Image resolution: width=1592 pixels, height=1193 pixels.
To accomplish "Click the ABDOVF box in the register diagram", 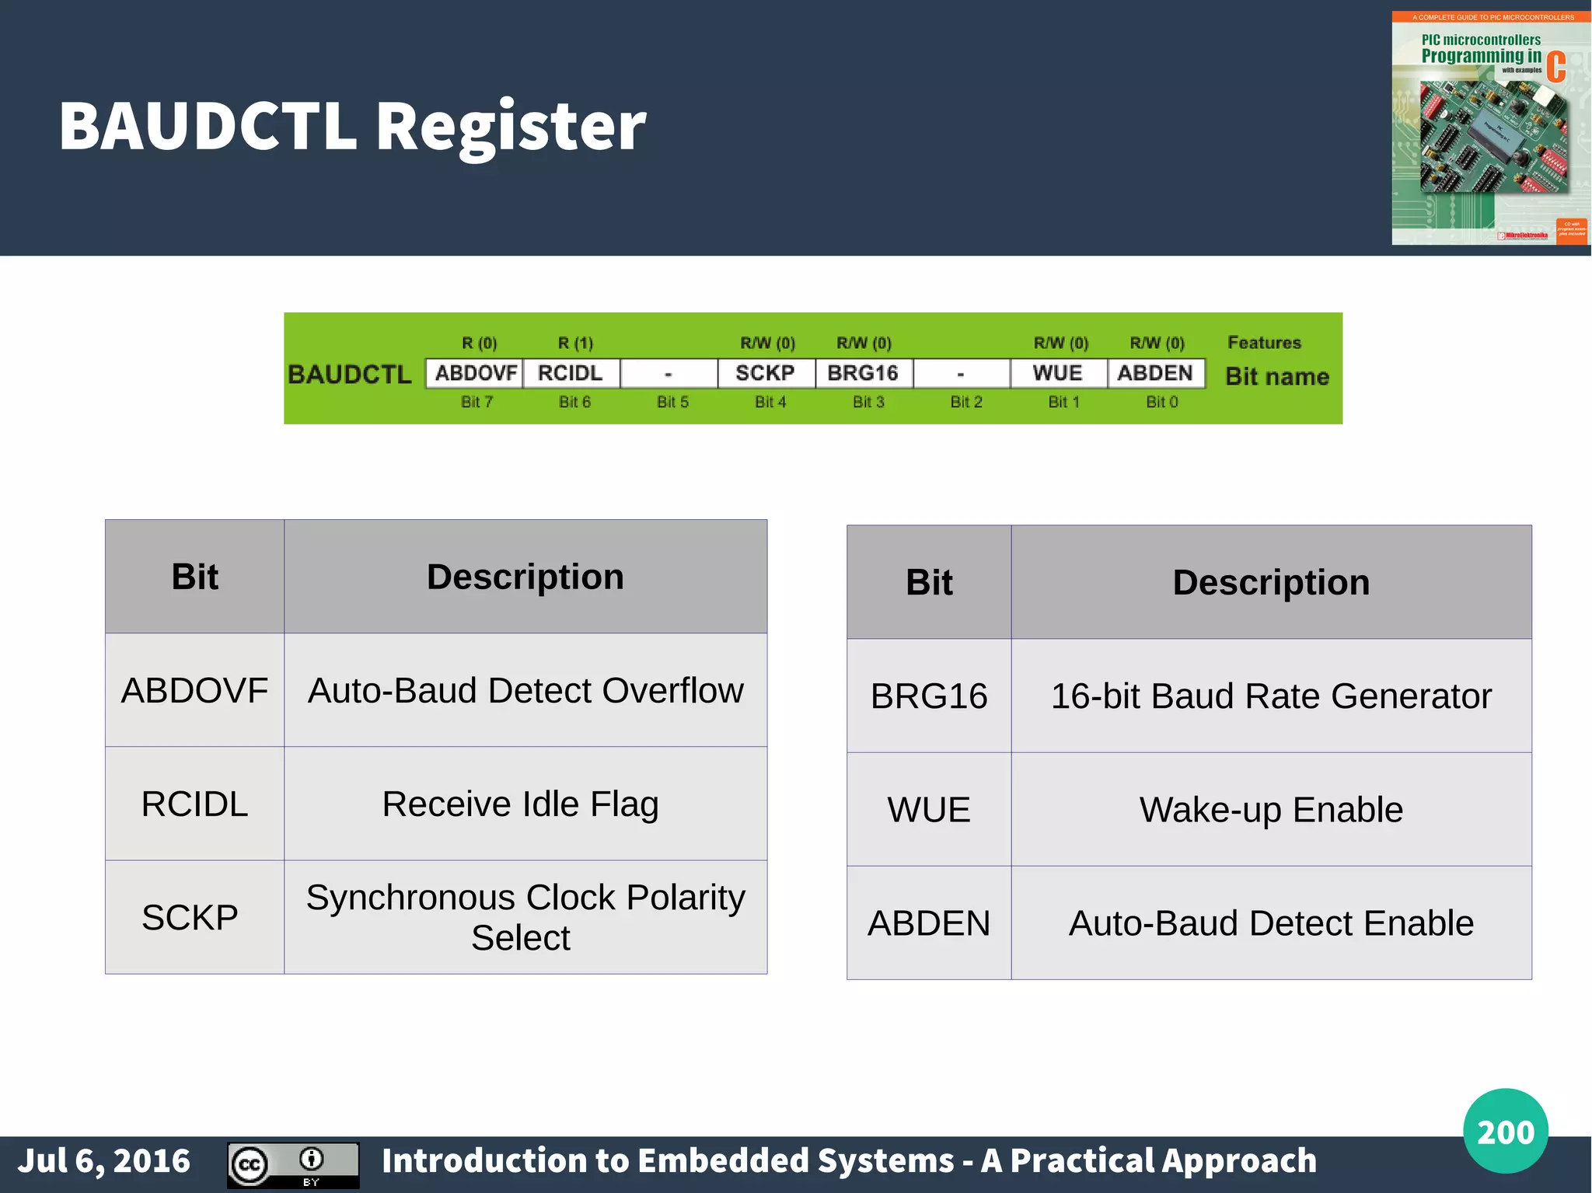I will pos(475,373).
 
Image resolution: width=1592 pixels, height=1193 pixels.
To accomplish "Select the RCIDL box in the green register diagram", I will pos(571,373).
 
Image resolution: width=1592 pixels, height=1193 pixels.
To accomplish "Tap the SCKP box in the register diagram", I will pos(766,373).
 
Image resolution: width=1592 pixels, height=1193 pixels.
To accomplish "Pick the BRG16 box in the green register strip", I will pos(864,373).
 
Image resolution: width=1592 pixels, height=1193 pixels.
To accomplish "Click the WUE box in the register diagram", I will pos(1058,373).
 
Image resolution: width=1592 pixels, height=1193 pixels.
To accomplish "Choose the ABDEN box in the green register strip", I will pos(1156,373).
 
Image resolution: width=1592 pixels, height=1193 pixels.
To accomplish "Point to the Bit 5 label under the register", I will pos(672,402).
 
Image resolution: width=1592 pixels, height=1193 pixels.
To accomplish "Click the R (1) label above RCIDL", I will pos(575,343).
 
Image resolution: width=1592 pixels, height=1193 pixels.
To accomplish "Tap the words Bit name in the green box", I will pos(1277,377).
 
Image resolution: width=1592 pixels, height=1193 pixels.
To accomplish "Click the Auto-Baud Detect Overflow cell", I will pos(525,690).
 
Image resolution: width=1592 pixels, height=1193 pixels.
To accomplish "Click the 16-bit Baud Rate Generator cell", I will pos(1271,696).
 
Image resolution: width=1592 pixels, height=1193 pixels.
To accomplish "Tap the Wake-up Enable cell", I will pos(1271,809).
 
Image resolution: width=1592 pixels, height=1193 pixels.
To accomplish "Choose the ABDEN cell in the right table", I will pos(929,923).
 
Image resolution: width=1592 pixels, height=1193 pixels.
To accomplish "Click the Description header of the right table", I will pos(1271,582).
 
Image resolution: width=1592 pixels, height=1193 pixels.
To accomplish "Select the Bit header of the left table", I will pos(194,577).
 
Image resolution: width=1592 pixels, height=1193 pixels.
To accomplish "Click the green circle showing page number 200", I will pos(1505,1131).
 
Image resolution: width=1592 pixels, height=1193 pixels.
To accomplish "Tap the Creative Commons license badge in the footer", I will pos(293,1165).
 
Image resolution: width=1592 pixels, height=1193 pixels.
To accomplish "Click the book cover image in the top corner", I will pos(1490,128).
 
